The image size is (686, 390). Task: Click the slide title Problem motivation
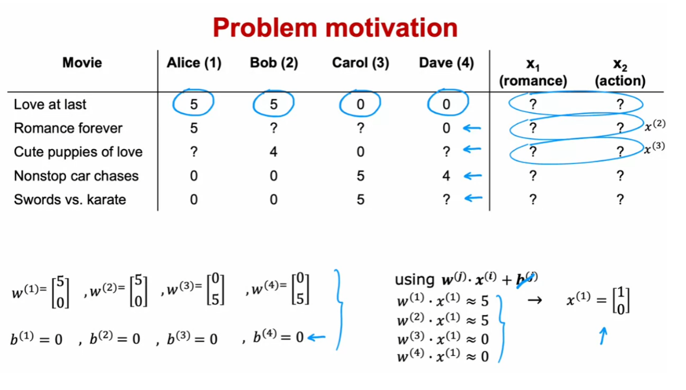(x=335, y=27)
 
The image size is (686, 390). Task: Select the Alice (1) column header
(x=194, y=63)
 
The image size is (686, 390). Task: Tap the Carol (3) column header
(x=360, y=63)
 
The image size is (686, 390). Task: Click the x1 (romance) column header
(x=533, y=73)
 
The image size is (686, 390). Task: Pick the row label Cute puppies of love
(x=78, y=152)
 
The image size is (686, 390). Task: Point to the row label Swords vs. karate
(x=70, y=199)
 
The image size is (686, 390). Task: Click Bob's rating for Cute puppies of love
(x=273, y=152)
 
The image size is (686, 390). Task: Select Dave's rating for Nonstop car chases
(x=446, y=176)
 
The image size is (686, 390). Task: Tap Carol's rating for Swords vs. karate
(x=360, y=199)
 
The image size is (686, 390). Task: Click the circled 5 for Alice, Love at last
(x=194, y=105)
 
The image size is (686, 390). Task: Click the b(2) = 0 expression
(x=115, y=339)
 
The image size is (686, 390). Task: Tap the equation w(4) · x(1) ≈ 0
(x=443, y=356)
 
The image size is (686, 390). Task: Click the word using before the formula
(x=413, y=279)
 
